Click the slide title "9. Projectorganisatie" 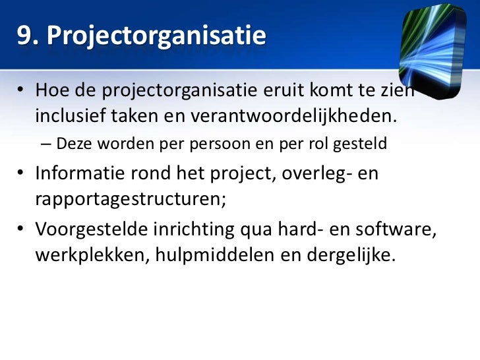pyautogui.click(x=141, y=36)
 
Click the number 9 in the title pyautogui.click(x=24, y=36)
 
